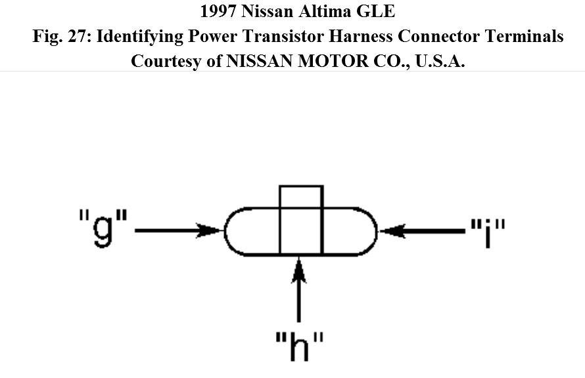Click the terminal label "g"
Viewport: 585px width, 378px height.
click(102, 231)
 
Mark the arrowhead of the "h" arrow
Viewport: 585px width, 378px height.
click(300, 266)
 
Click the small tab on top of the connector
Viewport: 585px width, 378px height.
click(301, 196)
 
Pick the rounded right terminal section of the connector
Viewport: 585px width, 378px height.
click(348, 231)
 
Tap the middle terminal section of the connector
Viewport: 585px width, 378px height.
click(301, 231)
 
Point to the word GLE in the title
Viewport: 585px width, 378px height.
click(379, 12)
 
